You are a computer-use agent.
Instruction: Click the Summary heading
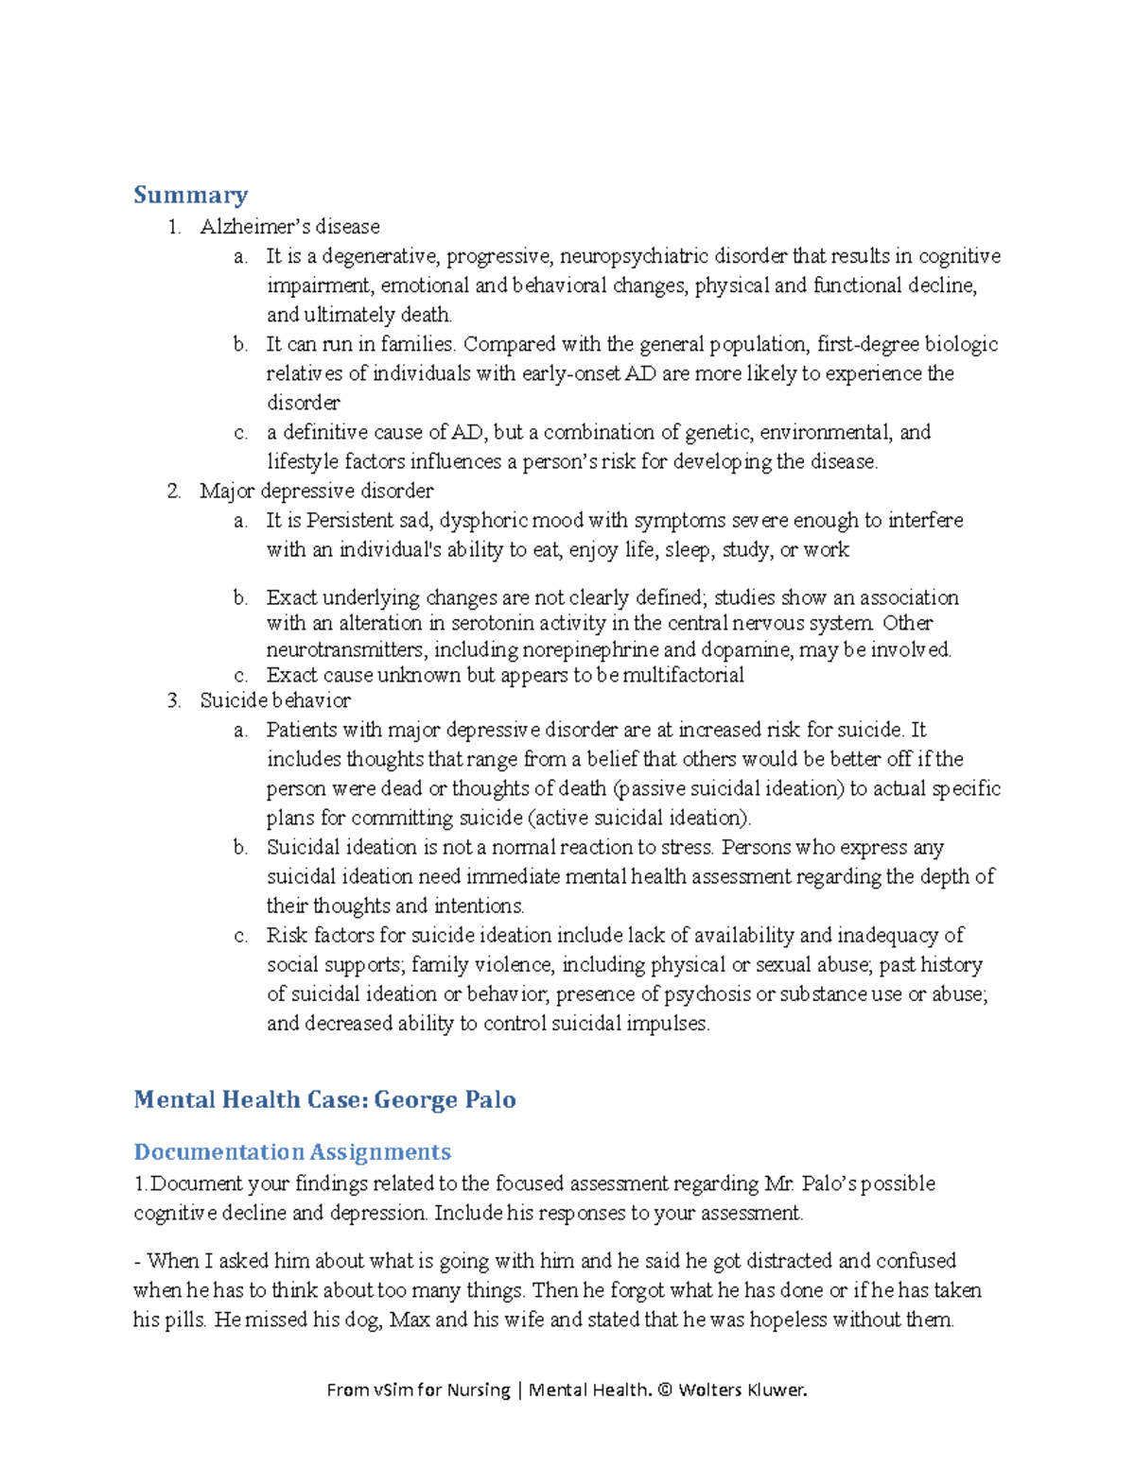click(x=190, y=195)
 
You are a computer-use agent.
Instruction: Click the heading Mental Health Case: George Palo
click(x=324, y=1099)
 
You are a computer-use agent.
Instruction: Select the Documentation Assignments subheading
click(x=292, y=1151)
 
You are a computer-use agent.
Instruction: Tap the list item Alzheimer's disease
click(x=289, y=227)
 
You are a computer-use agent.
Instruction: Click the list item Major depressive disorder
click(x=316, y=491)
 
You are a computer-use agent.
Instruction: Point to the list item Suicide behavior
click(x=275, y=700)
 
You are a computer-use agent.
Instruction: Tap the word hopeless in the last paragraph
click(x=788, y=1320)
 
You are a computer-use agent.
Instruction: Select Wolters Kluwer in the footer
click(x=742, y=1390)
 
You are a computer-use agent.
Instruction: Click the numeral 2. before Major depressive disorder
click(x=173, y=491)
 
